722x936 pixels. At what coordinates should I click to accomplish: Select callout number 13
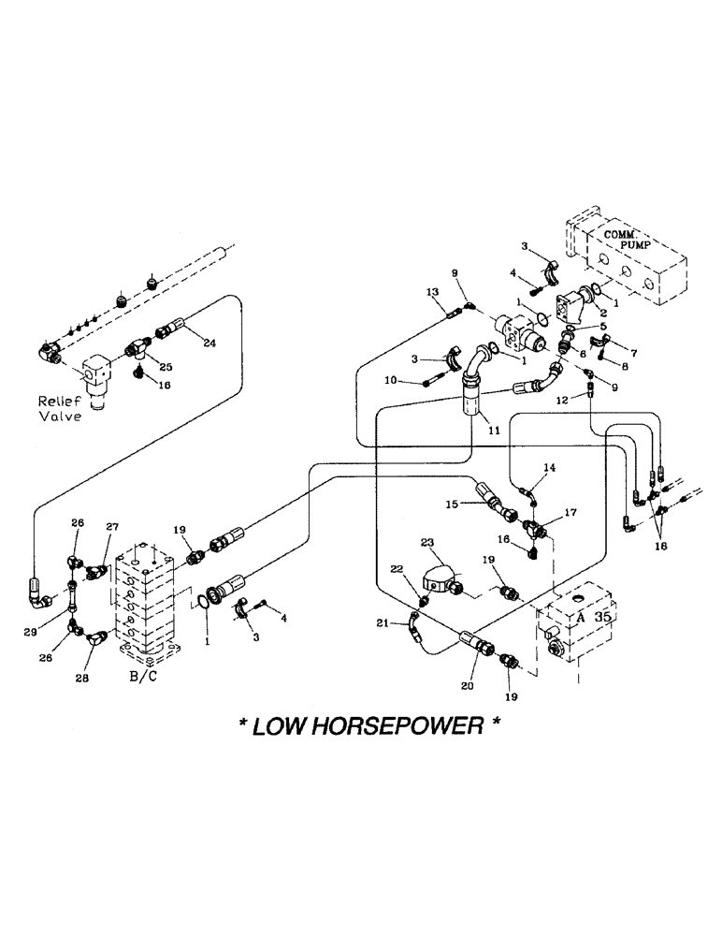432,293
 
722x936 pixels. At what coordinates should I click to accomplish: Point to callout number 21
381,623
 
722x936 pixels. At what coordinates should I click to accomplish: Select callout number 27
113,527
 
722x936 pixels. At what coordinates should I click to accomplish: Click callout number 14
549,466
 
